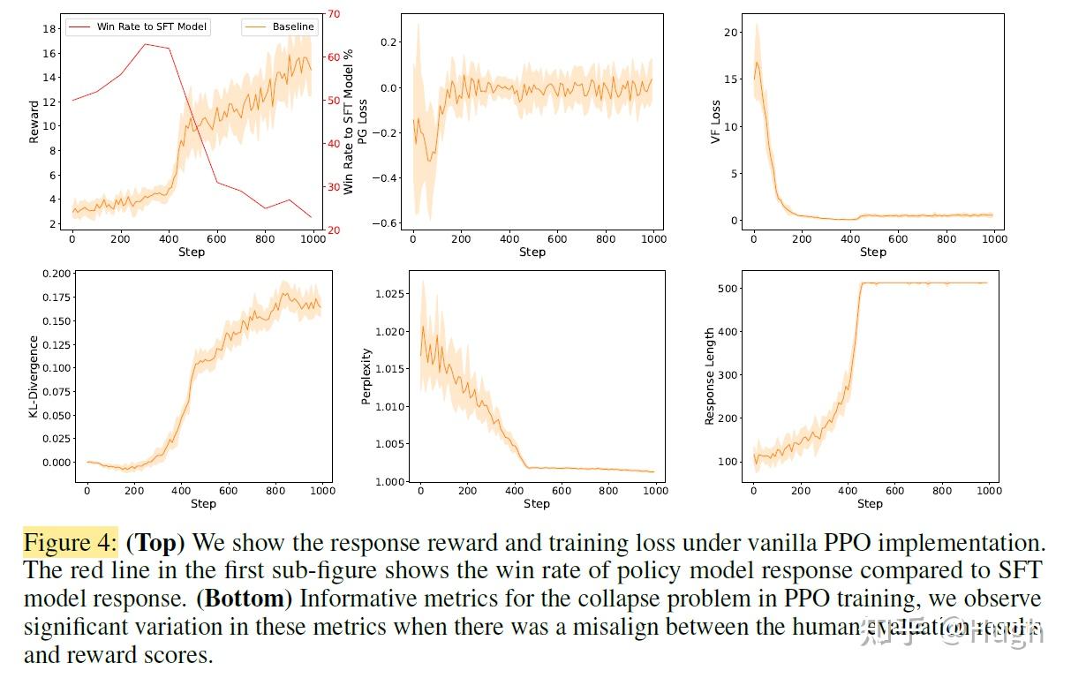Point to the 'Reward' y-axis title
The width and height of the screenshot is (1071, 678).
34,122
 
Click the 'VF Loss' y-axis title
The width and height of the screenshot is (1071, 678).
716,122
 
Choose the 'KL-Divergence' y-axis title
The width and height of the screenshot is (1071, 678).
34,376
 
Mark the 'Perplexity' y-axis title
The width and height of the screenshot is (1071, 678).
367,376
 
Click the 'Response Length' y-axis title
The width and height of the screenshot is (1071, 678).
709,376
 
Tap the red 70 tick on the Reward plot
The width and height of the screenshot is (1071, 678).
333,14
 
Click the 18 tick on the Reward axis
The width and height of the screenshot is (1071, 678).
50,29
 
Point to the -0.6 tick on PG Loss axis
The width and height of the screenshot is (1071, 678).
387,223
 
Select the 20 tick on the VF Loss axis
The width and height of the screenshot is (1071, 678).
729,33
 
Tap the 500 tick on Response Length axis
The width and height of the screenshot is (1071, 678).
727,289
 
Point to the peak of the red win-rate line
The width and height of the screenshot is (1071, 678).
145,44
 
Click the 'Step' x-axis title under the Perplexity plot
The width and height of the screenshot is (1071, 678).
536,504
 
